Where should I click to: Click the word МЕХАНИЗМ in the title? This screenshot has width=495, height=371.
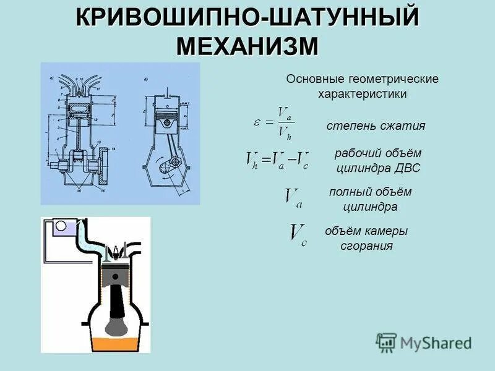tap(247, 47)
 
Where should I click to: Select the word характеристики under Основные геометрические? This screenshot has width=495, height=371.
tap(362, 95)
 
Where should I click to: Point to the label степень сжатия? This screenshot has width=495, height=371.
tap(376, 126)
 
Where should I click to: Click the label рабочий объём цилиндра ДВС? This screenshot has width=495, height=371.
tap(377, 160)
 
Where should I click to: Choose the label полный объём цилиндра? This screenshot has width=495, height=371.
tap(369, 199)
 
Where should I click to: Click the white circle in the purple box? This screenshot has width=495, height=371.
tap(61, 226)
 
